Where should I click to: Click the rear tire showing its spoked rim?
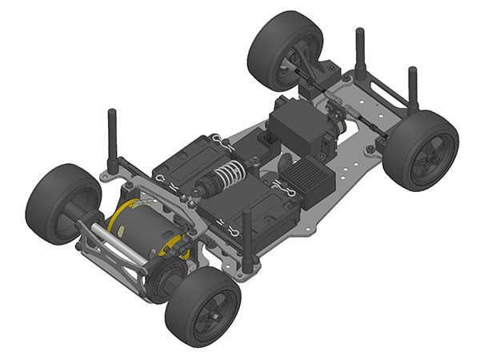tap(203, 304)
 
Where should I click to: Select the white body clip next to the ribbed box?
tap(283, 189)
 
